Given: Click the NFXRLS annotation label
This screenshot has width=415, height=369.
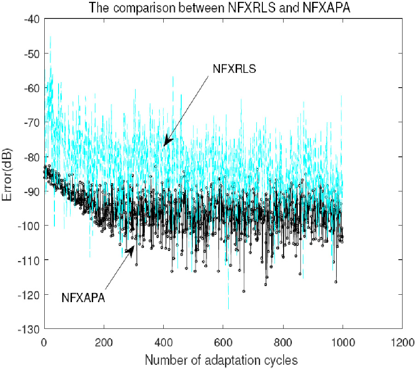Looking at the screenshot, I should [234, 69].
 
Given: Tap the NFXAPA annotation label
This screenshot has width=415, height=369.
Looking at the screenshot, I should [83, 298].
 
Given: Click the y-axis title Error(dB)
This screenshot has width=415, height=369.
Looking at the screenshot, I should [10, 173].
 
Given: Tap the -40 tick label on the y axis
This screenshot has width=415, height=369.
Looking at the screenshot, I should [32, 19].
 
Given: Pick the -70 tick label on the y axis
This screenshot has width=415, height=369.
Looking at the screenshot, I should [32, 122].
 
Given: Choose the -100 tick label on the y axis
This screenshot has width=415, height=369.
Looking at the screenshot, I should [30, 226].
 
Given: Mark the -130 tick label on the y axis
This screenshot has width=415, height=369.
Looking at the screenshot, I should [30, 329].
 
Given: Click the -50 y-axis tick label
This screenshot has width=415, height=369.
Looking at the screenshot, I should [32, 54].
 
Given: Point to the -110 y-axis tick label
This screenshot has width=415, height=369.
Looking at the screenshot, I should [30, 260].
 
